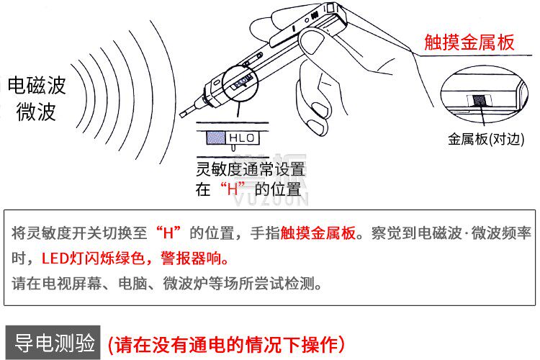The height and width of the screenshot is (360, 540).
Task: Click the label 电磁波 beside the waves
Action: [x=37, y=85]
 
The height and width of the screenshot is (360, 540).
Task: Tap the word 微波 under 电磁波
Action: [x=36, y=112]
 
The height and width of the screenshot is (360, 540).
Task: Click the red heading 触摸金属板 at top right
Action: [x=469, y=42]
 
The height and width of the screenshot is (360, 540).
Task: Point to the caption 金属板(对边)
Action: [x=486, y=139]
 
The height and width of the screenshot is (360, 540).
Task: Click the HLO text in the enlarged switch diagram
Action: [x=241, y=138]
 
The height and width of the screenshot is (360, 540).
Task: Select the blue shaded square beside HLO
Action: [x=215, y=138]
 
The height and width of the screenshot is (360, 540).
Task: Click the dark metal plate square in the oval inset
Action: [x=480, y=101]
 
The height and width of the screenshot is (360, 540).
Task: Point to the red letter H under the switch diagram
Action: [x=233, y=189]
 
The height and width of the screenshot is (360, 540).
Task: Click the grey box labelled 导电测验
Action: [x=53, y=343]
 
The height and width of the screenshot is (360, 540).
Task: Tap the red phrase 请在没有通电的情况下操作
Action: [x=226, y=344]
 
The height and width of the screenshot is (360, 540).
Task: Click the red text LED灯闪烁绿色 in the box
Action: [x=93, y=258]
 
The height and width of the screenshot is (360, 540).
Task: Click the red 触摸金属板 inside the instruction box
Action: [x=318, y=233]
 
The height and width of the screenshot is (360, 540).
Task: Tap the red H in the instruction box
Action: [x=168, y=233]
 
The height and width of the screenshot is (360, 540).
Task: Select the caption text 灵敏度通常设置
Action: [x=251, y=169]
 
